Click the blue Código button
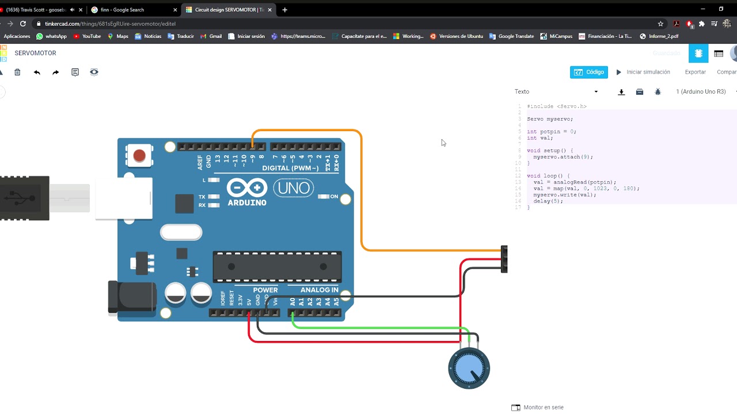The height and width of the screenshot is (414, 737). (589, 72)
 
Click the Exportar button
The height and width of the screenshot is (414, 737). (695, 72)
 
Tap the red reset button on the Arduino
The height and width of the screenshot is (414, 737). (139, 156)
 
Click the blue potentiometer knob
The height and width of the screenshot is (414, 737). (469, 369)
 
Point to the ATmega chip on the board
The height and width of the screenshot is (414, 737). (277, 267)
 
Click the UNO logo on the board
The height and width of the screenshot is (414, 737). (295, 188)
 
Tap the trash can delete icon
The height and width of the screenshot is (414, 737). (17, 72)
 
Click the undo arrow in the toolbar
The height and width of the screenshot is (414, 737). (37, 72)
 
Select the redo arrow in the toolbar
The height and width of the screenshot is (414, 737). (55, 72)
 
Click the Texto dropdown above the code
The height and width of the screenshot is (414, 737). (556, 92)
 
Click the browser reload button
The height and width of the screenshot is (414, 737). (23, 24)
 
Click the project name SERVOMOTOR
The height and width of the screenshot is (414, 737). (35, 53)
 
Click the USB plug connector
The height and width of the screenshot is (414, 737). (24, 198)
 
